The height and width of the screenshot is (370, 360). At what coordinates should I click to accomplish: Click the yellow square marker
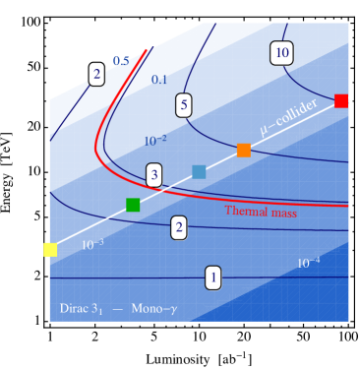50,250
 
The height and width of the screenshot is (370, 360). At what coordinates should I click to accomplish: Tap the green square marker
133,205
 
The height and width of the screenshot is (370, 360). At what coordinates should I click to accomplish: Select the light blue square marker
199,172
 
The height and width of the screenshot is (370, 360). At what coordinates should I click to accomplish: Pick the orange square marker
244,150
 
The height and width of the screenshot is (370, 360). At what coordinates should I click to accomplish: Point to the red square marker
341,100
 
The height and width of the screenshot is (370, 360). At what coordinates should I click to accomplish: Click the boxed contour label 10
282,53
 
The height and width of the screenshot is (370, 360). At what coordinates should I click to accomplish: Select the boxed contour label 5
184,105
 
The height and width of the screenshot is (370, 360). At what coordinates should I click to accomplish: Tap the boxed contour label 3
154,176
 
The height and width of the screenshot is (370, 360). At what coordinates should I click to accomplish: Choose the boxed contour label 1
212,278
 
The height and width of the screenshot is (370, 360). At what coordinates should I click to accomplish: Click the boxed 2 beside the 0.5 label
96,74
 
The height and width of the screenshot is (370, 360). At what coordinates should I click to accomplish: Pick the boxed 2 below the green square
179,228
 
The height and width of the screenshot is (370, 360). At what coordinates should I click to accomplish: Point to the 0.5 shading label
121,62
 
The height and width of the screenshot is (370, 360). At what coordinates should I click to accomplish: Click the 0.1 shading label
159,80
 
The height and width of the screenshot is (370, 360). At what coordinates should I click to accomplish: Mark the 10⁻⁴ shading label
308,263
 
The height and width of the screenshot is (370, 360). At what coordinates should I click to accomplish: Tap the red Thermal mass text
261,211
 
